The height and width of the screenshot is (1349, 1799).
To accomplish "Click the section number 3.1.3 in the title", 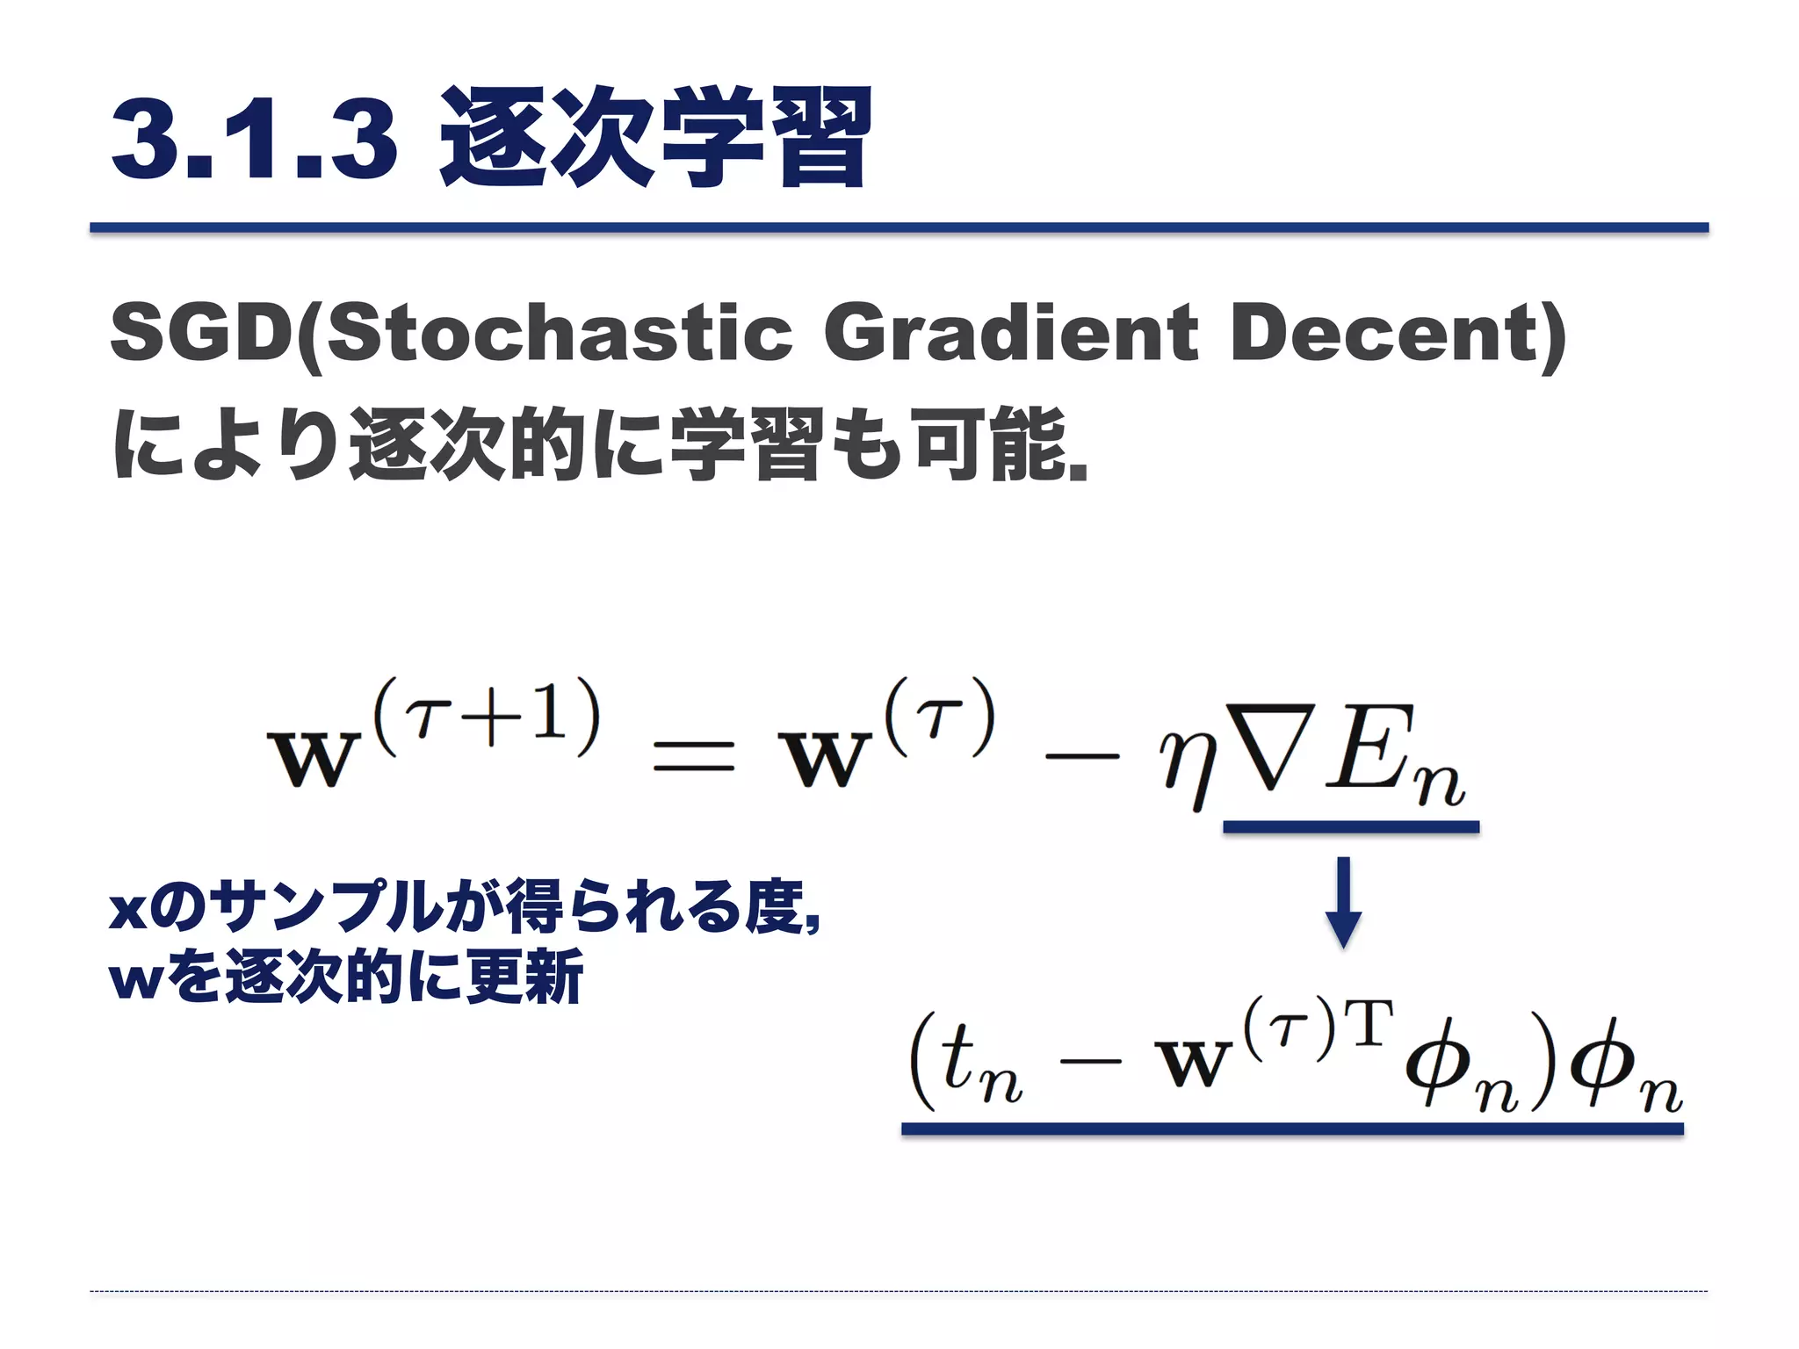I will point(255,138).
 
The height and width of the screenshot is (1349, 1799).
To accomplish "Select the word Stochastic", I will point(559,335).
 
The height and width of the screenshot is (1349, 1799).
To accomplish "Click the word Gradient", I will point(1010,335).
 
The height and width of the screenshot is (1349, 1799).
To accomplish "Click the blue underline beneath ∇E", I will point(1350,826).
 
